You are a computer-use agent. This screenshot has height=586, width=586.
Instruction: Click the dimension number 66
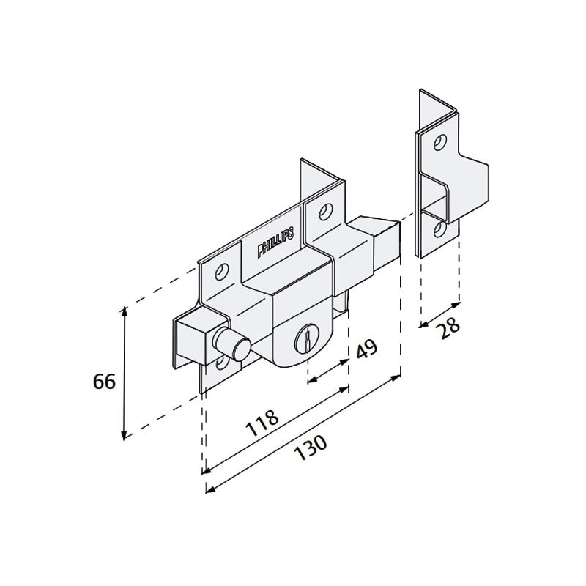(x=105, y=382)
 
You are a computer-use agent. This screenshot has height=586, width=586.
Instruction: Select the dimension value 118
(x=262, y=423)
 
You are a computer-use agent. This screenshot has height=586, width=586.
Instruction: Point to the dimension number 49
(x=366, y=350)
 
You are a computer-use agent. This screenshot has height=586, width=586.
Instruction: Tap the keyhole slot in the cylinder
(x=303, y=339)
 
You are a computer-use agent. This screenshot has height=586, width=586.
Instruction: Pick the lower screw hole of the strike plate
(x=439, y=229)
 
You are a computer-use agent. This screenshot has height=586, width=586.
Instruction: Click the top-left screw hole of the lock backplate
(x=219, y=272)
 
